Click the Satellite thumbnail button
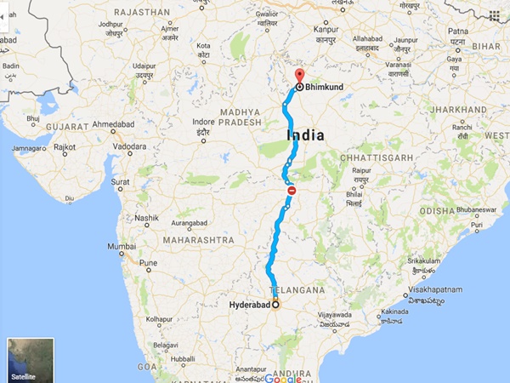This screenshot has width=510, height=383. point(30,359)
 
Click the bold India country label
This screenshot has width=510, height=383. point(306,135)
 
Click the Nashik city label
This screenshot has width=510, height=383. point(145,217)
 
